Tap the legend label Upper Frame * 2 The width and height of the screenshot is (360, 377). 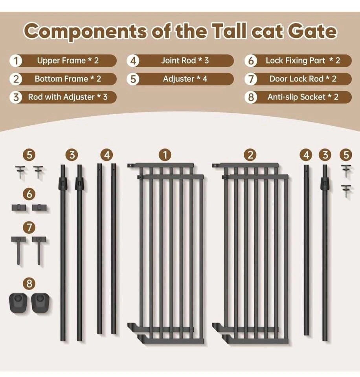(x=68, y=60)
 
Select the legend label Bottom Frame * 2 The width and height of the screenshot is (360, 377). (x=68, y=79)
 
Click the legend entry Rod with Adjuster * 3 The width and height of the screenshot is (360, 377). (x=68, y=97)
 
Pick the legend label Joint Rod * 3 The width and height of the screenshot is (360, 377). (x=185, y=60)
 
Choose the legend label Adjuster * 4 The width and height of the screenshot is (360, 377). (x=185, y=79)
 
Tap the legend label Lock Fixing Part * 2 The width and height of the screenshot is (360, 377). (x=303, y=60)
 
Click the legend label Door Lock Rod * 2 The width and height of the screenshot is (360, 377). (x=303, y=79)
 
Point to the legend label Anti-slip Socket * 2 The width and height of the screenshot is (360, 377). (x=303, y=97)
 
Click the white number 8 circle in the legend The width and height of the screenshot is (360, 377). (x=251, y=97)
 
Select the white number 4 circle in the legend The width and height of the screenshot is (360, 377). (x=133, y=60)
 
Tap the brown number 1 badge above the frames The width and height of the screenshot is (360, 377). (x=165, y=155)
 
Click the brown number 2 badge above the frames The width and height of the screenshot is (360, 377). (x=250, y=155)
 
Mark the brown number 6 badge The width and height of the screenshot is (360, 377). (x=29, y=194)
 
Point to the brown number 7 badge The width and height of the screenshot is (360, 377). (x=29, y=227)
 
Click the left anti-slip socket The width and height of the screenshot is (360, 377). (x=18, y=303)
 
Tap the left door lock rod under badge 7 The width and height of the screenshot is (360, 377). (x=18, y=251)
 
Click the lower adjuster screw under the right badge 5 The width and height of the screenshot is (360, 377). (x=346, y=191)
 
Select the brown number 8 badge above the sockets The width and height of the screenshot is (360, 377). (x=29, y=284)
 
